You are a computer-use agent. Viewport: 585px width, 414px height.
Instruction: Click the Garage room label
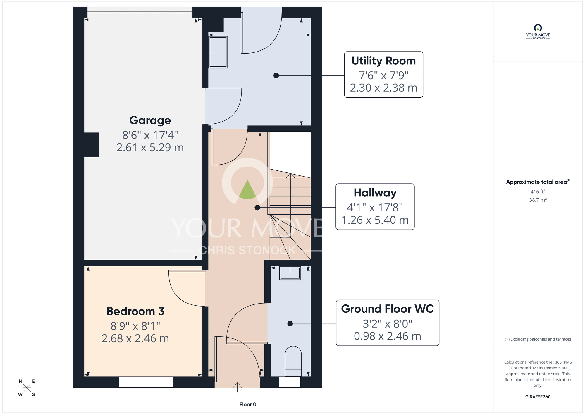click(x=150, y=120)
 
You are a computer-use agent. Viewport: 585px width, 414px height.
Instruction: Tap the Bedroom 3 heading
click(x=135, y=311)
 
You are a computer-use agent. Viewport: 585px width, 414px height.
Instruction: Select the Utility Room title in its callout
click(x=383, y=61)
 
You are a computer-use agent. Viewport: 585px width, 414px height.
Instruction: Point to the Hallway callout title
click(x=375, y=193)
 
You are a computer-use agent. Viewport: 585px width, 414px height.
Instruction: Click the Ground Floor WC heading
click(x=387, y=309)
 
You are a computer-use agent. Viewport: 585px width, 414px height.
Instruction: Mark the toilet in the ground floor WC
click(x=293, y=361)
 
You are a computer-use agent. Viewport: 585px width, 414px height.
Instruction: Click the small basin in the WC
click(x=290, y=273)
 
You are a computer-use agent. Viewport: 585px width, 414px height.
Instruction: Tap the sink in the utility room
click(x=218, y=52)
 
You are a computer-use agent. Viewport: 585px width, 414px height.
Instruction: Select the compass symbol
click(x=27, y=388)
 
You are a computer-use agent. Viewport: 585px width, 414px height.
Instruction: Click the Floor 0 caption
click(x=248, y=404)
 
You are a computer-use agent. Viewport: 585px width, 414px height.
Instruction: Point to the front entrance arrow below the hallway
click(x=237, y=387)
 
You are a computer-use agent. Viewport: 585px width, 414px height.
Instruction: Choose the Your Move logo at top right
click(x=538, y=32)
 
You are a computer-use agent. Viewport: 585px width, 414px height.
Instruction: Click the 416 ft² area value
click(x=538, y=191)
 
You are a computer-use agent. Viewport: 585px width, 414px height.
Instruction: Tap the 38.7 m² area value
click(x=538, y=200)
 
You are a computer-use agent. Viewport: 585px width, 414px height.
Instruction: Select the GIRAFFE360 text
click(x=538, y=397)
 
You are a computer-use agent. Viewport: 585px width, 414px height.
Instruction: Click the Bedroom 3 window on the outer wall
click(x=146, y=382)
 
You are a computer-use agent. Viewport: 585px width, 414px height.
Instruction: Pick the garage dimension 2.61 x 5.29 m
click(x=150, y=148)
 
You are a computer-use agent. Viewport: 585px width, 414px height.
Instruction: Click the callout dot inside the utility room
click(x=276, y=76)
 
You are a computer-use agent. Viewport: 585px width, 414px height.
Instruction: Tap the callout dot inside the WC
click(x=290, y=324)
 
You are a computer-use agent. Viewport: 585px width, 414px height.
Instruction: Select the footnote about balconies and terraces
click(x=538, y=339)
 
